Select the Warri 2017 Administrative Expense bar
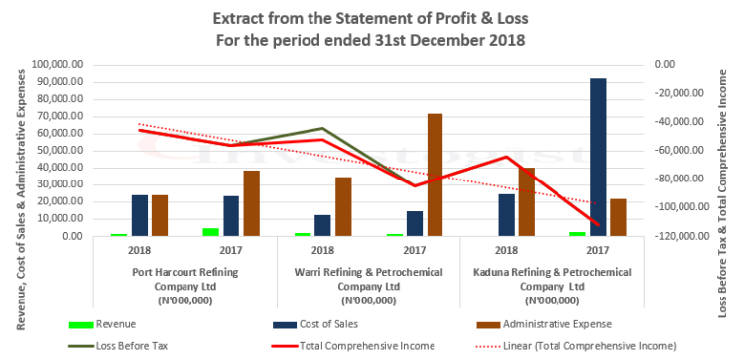coord(434,175)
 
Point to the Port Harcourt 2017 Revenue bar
coord(211,232)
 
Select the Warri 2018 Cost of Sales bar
coord(323,225)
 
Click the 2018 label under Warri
coord(323,251)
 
